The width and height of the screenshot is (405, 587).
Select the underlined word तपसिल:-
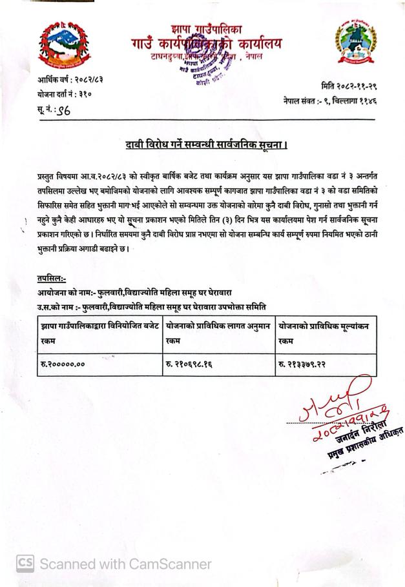tap(52, 279)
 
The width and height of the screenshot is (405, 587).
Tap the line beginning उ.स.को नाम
tap(152, 305)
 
